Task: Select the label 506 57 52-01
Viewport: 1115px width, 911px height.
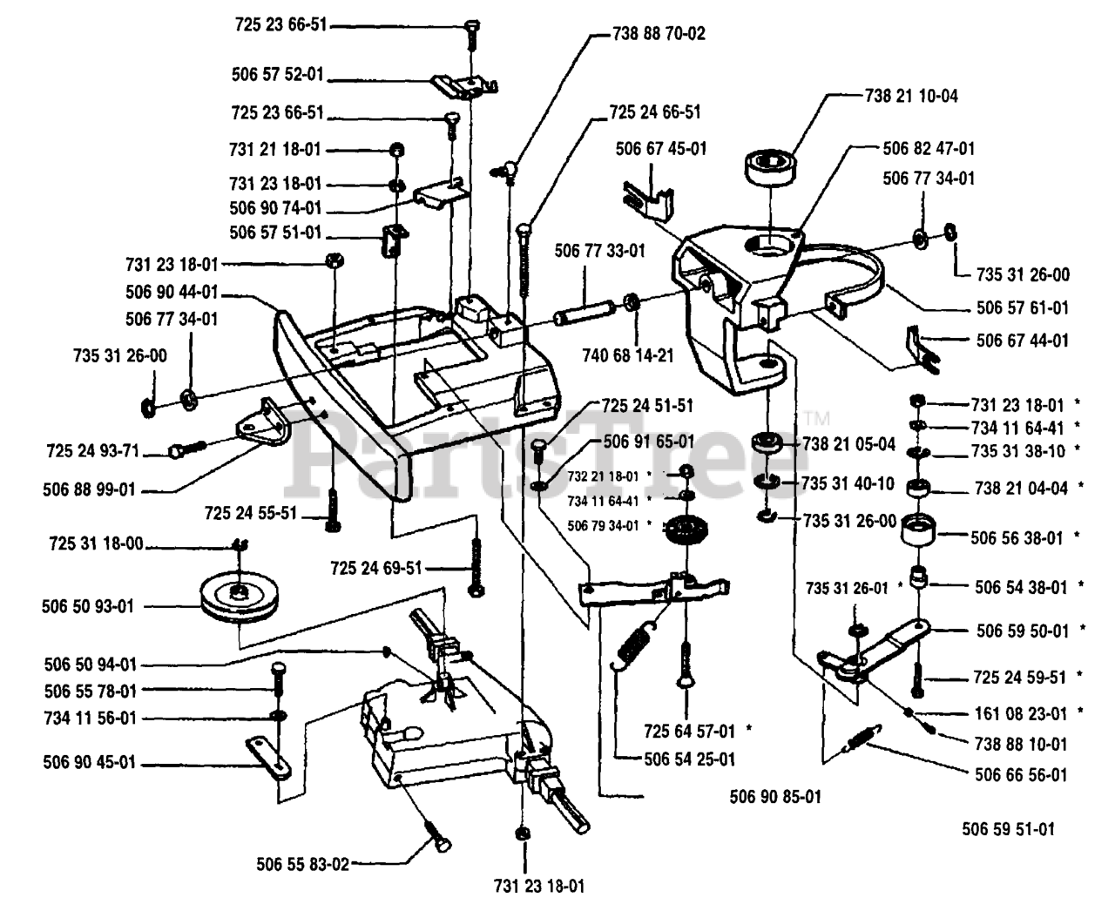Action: click(x=277, y=75)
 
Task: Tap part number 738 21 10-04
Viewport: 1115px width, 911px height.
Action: click(x=911, y=96)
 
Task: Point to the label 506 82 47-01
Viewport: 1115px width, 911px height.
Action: click(x=929, y=149)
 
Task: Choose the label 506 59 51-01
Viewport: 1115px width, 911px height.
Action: click(x=1008, y=829)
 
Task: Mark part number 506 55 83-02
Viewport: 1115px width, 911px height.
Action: click(x=302, y=865)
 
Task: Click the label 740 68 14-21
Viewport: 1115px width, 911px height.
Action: click(x=628, y=355)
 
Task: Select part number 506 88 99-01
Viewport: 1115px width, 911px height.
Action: click(x=89, y=490)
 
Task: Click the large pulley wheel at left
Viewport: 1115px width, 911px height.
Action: click(x=236, y=595)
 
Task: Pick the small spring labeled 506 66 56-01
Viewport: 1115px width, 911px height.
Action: click(x=864, y=739)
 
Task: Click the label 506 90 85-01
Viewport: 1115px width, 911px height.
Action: click(x=774, y=796)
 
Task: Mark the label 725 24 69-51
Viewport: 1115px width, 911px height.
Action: click(x=376, y=568)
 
